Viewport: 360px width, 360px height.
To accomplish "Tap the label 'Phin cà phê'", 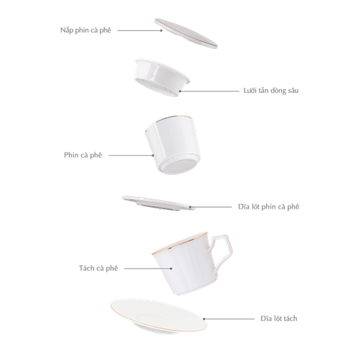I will [82, 154].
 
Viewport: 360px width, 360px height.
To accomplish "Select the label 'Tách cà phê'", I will [97, 267].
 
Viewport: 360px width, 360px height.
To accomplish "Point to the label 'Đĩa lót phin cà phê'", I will [268, 205].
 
